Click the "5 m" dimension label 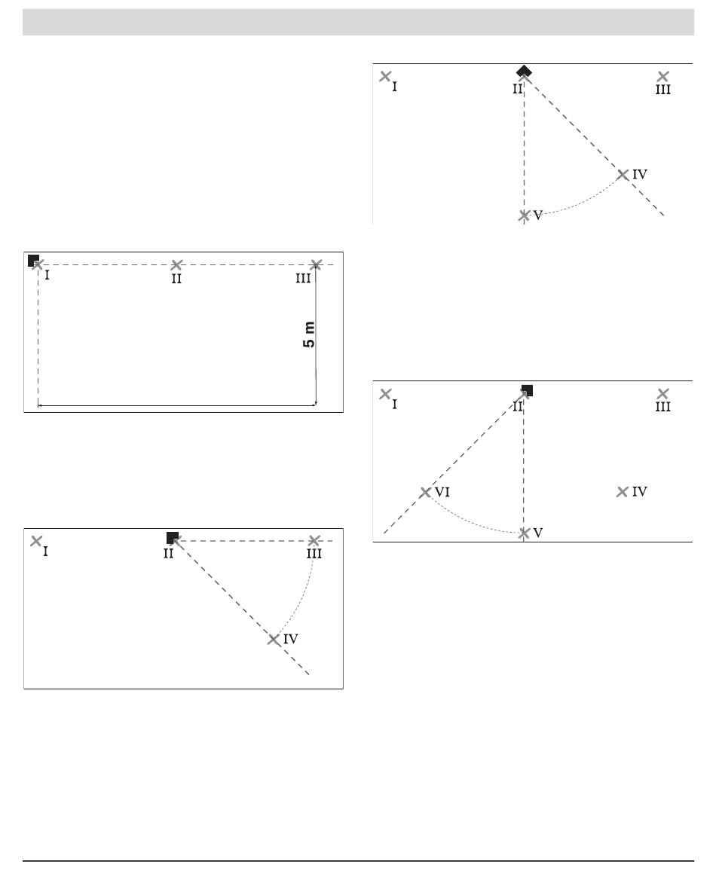point(309,335)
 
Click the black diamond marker point(524,72)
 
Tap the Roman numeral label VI point(442,492)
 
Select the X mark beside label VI point(425,493)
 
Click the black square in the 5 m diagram point(33,260)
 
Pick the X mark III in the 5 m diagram point(316,264)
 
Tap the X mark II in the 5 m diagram point(177,264)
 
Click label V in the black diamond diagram point(538,215)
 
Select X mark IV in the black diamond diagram point(623,175)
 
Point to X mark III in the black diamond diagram point(663,76)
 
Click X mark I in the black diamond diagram point(385,76)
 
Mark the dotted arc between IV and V point(581,203)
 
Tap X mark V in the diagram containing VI point(524,533)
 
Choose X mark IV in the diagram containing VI point(622,492)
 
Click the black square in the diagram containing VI point(527,390)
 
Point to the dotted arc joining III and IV point(301,597)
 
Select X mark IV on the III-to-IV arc point(274,639)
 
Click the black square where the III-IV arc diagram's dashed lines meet point(173,538)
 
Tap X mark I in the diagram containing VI point(385,393)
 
